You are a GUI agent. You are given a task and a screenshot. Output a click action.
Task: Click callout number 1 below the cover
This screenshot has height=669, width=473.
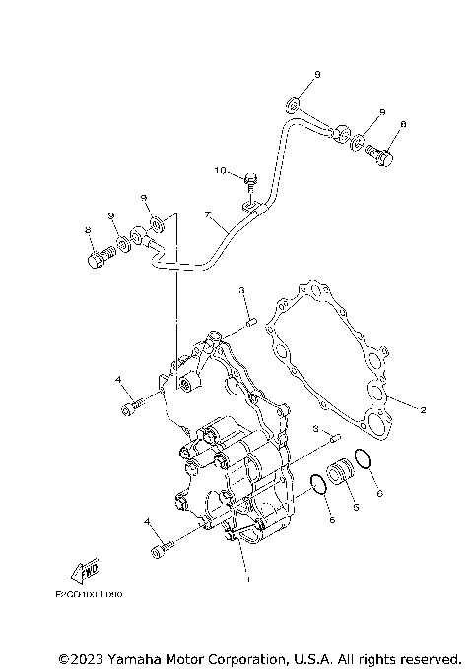click(x=247, y=579)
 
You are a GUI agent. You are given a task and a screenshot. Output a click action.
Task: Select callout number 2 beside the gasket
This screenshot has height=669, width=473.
click(x=423, y=409)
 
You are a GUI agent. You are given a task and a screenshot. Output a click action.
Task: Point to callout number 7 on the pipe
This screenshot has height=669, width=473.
click(x=208, y=215)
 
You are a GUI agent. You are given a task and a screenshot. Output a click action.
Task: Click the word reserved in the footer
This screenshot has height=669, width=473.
click(x=427, y=657)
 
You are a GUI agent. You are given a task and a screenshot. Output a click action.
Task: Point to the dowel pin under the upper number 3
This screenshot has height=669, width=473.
click(x=251, y=317)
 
